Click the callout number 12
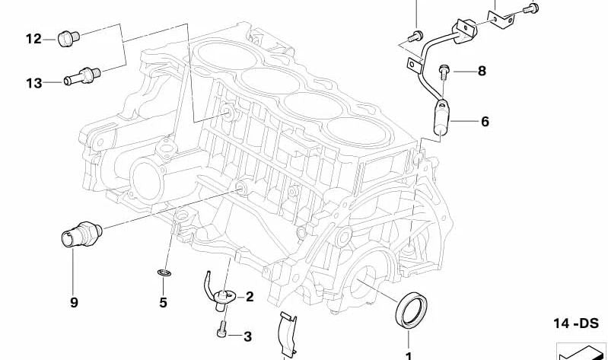(x=33, y=39)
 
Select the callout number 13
(x=33, y=83)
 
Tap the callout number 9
(x=74, y=302)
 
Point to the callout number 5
(x=164, y=302)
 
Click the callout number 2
(x=250, y=297)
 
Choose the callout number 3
(x=248, y=336)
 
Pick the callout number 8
(x=482, y=71)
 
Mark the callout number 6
(x=485, y=122)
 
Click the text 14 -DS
(x=575, y=323)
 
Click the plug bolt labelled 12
(x=68, y=38)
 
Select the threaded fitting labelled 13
(x=82, y=75)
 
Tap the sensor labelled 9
(x=81, y=234)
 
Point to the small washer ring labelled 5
(x=164, y=273)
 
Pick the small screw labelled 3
(x=222, y=330)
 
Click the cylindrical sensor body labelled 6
(x=441, y=117)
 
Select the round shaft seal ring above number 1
(x=411, y=310)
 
